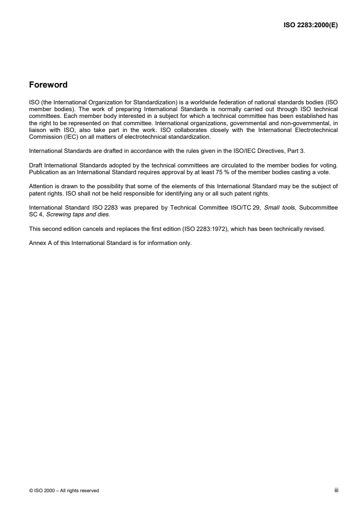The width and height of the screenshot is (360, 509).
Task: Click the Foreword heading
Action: point(48,85)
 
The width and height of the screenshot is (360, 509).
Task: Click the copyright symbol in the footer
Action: point(30,490)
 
